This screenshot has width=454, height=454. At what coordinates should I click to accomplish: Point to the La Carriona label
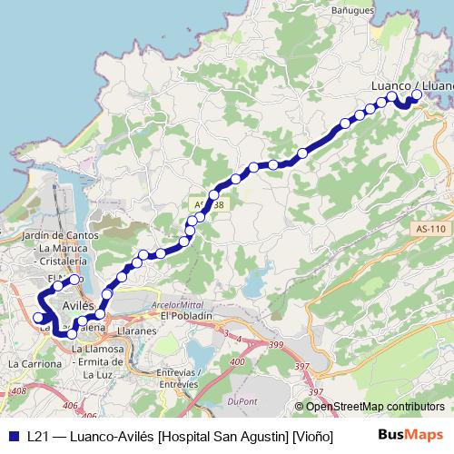click(35, 364)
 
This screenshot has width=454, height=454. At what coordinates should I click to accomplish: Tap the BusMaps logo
click(411, 435)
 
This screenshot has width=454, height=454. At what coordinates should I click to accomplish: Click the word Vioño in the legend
click(313, 436)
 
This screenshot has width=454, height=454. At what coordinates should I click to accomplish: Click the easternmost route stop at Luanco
click(417, 94)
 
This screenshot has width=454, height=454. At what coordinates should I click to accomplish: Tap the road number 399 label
click(277, 345)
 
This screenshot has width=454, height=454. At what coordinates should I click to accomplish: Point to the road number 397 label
click(315, 391)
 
